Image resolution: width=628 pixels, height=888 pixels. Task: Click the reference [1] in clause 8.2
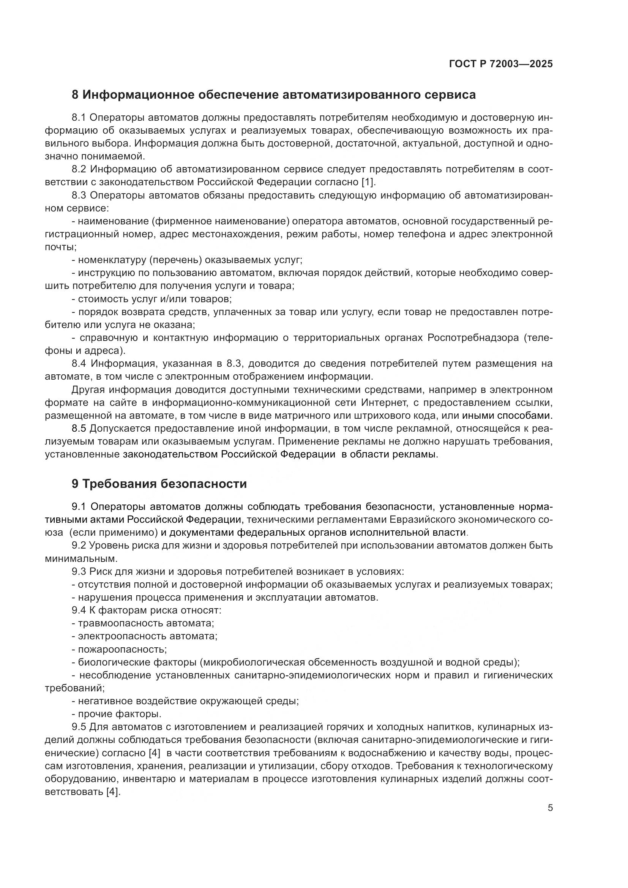[368, 182]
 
